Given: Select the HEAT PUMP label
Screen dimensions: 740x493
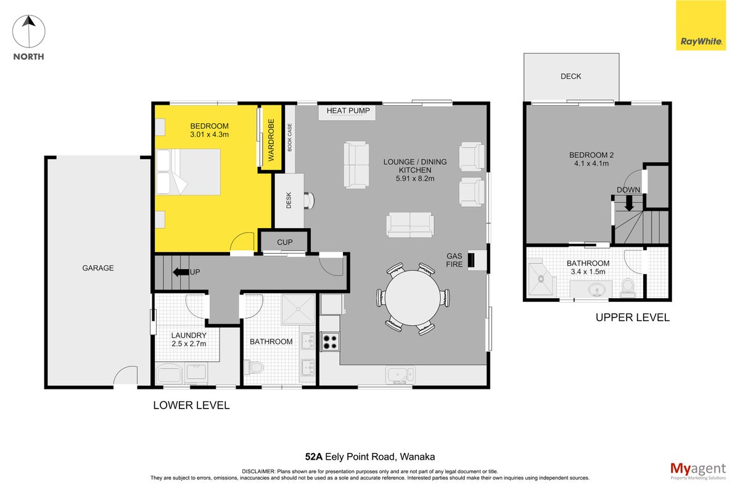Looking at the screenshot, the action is click(x=348, y=111).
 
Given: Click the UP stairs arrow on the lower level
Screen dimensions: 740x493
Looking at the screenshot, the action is click(x=181, y=272).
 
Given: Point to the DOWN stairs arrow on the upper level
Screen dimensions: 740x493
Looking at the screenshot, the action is click(x=629, y=203).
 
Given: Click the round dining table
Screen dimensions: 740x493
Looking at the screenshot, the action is click(x=413, y=298).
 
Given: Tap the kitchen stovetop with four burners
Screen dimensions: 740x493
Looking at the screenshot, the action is click(x=330, y=342).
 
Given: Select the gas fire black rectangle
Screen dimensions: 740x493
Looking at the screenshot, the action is click(x=471, y=260).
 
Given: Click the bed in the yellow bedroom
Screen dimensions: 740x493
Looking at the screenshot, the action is click(x=188, y=172).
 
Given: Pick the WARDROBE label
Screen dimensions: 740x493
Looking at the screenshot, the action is click(x=271, y=140).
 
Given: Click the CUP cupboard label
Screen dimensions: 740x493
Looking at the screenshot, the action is click(x=285, y=242).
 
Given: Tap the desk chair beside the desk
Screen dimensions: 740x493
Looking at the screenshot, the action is click(x=309, y=200).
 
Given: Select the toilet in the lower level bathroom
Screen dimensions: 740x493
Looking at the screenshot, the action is click(x=253, y=367).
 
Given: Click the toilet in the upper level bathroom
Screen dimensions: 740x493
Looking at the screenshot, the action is click(x=628, y=287).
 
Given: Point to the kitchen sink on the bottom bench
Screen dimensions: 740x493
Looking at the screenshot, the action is click(x=400, y=375).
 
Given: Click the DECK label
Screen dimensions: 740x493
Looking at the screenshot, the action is click(x=570, y=76).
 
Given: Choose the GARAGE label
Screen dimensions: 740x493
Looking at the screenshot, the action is click(x=98, y=268).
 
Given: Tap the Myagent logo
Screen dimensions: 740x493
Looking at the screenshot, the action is click(x=698, y=471).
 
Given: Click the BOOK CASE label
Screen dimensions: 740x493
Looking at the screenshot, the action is click(x=290, y=137).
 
